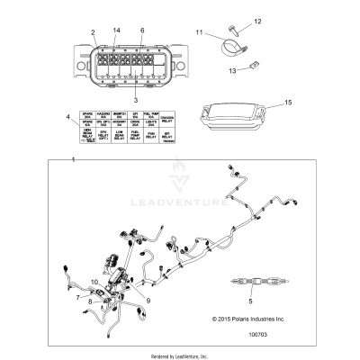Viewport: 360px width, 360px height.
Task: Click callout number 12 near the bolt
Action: (256, 20)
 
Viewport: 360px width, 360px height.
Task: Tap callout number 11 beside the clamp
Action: (200, 33)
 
